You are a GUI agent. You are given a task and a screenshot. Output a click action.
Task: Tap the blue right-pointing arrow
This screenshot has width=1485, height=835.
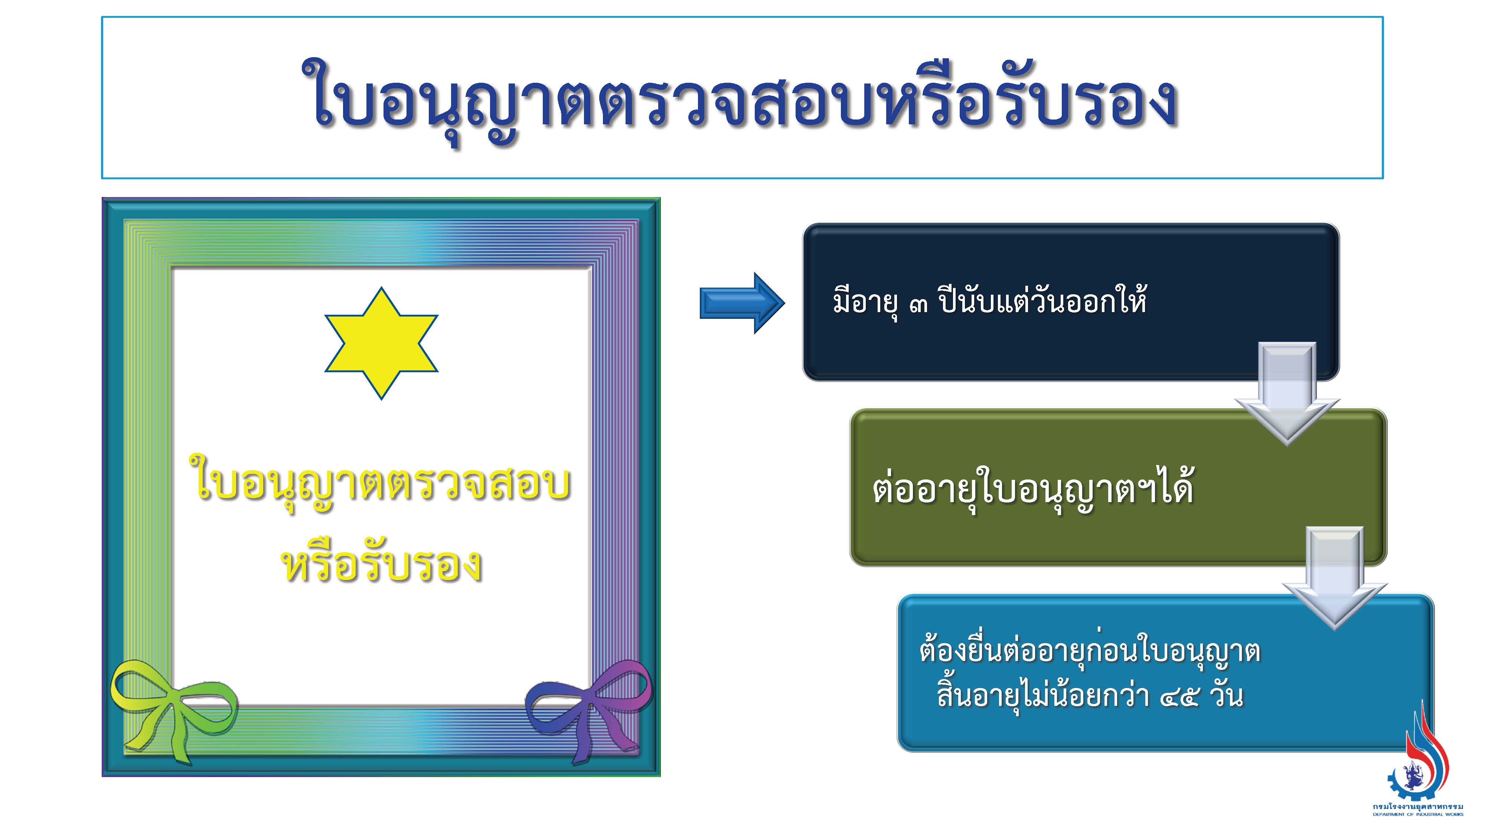coord(742,303)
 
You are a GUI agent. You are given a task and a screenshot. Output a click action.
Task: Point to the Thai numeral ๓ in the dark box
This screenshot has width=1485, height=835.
coord(918,303)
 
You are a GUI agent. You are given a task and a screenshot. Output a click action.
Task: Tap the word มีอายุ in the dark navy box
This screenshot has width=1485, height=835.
coord(864,301)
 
